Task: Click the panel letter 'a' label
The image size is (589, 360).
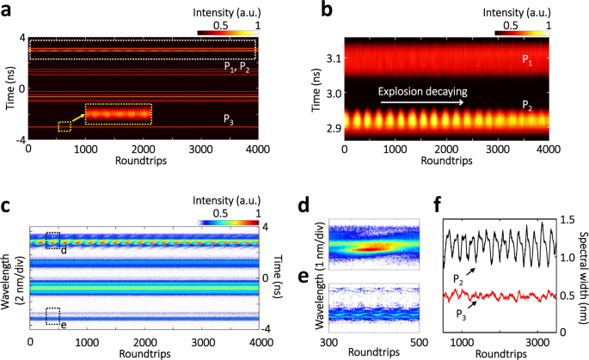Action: [x=7, y=9]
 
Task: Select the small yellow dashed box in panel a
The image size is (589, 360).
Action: [x=64, y=126]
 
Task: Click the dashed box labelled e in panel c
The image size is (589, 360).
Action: [x=53, y=315]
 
